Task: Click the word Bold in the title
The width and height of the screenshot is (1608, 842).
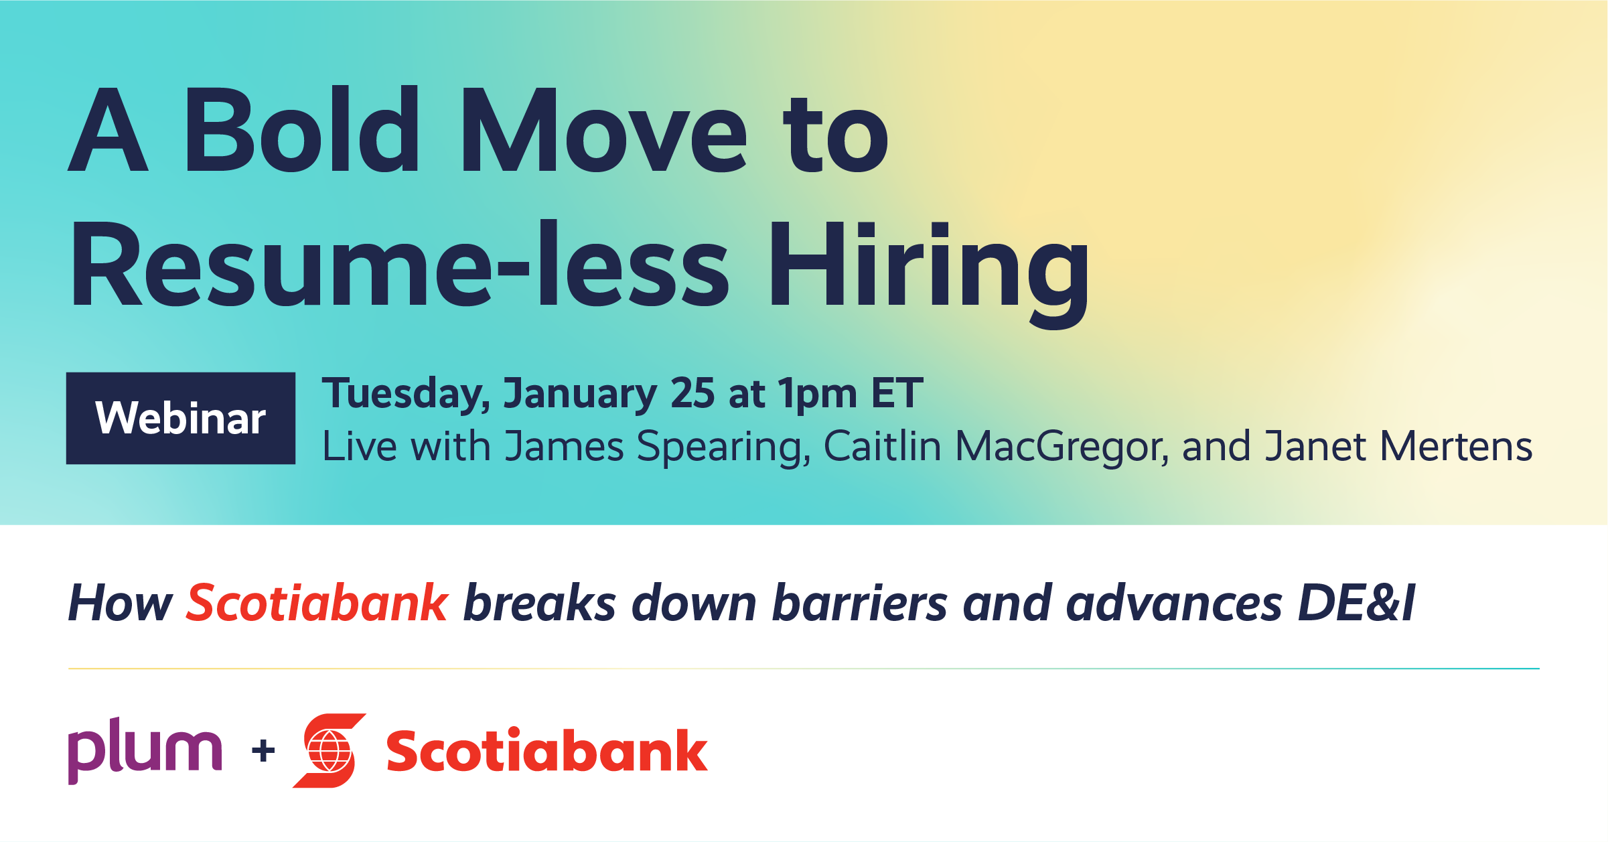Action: [x=301, y=131]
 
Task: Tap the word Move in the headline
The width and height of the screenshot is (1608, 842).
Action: [x=603, y=131]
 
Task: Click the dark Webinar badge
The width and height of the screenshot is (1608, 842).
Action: [x=181, y=418]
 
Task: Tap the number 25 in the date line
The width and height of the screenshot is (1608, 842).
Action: [x=692, y=393]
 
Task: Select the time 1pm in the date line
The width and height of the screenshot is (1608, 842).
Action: [x=817, y=395]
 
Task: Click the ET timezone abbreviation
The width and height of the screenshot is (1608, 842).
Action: [x=897, y=393]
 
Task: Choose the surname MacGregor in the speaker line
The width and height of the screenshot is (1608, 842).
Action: [x=1062, y=447]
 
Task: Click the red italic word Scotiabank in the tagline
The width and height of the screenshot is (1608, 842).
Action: [x=317, y=603]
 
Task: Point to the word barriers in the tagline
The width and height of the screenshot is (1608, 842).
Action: [x=860, y=603]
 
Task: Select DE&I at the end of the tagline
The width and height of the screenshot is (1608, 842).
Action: [x=1356, y=603]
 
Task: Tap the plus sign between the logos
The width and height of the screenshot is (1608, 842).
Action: [x=263, y=751]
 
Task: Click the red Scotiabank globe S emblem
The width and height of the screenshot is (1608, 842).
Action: [x=330, y=751]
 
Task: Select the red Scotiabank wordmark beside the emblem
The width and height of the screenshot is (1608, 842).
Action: [x=546, y=751]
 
